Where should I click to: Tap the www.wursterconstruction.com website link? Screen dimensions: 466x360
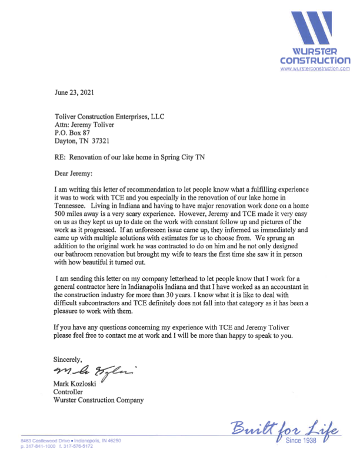click(315, 69)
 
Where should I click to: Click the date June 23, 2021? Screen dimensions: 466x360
click(73, 92)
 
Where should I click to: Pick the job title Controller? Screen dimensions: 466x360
click(68, 391)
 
